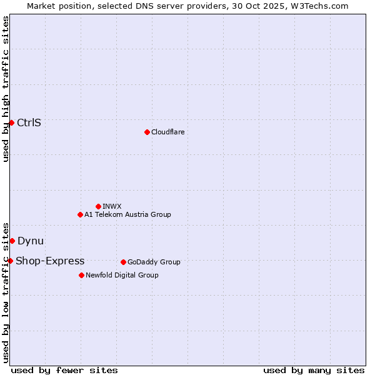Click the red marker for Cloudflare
coord(147,132)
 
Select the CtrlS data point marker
coord(11,122)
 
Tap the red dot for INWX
coord(98,206)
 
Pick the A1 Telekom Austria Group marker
coord(80,214)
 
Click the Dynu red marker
coord(12,241)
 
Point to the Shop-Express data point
coord(10,261)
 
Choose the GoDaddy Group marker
coord(123,262)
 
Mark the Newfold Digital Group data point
coord(81,275)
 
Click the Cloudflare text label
coord(167,132)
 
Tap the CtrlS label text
coord(29,122)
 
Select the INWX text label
coord(112,206)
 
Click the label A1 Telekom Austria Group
coord(127,214)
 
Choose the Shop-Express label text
coord(50,261)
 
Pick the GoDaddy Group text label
coord(153,262)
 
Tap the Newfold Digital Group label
coord(122,275)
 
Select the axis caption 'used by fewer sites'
coord(64,370)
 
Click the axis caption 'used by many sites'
coord(314,370)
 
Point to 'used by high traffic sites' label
coord(6,89)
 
